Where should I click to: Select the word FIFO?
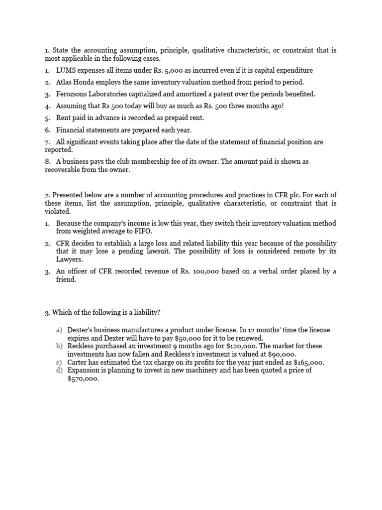[x=144, y=232]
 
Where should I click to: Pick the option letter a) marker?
[x=59, y=330]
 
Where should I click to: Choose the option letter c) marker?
[x=59, y=363]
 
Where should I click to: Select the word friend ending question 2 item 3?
[x=66, y=279]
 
